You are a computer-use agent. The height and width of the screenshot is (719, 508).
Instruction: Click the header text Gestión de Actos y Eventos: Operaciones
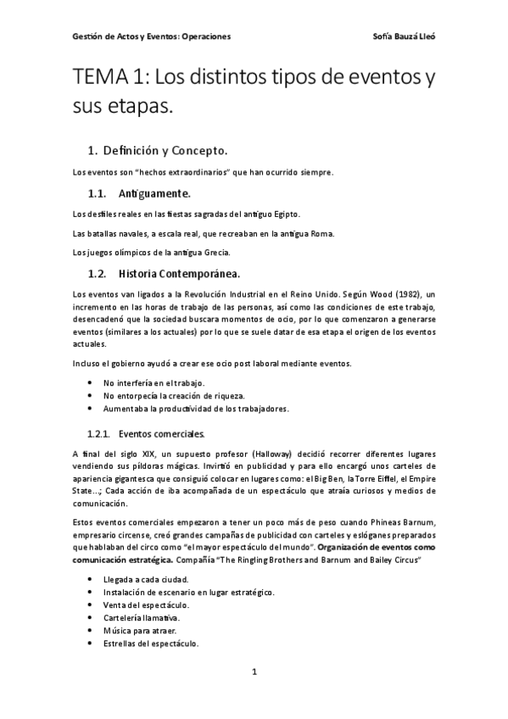152,37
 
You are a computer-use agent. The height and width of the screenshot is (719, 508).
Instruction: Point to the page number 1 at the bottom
254,672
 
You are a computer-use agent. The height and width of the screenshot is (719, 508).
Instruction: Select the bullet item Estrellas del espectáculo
151,643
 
